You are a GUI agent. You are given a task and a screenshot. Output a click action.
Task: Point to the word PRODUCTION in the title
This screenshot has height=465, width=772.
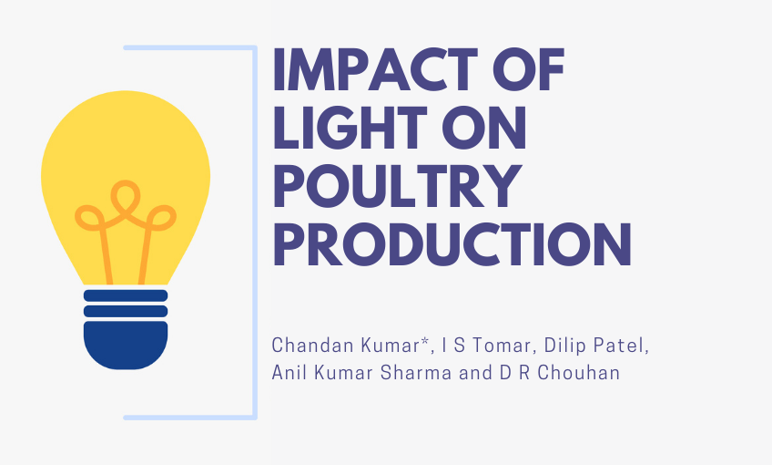pos(452,243)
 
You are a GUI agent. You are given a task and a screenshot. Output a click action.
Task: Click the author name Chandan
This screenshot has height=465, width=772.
pos(306,346)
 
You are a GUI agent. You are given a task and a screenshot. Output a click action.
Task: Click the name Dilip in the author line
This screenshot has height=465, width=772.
pos(539,346)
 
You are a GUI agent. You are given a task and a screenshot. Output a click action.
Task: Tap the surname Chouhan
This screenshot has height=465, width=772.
pos(584,374)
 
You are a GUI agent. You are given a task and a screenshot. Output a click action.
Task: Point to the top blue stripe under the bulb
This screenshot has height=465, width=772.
pos(126,295)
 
